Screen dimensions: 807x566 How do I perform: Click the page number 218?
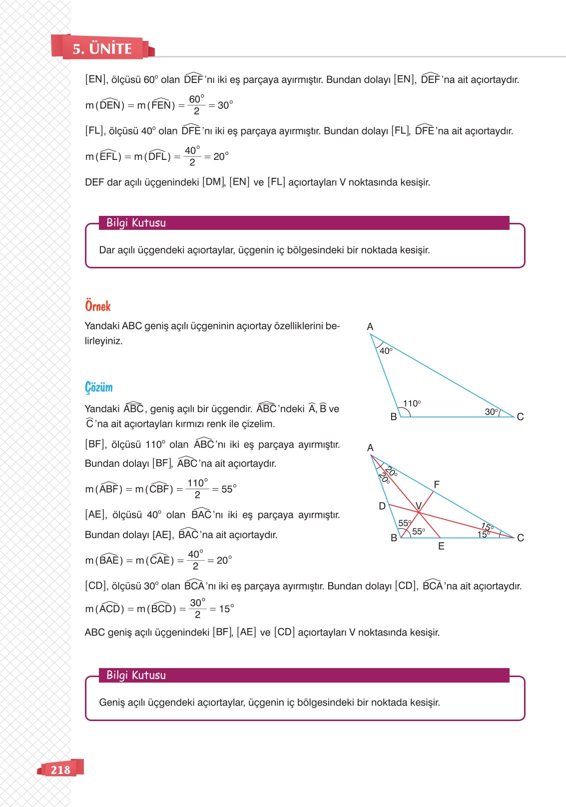pos(60,770)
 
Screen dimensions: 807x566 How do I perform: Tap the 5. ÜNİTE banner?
pos(102,48)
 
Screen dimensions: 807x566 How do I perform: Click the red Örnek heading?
pos(97,306)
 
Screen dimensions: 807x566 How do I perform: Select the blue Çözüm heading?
pos(98,387)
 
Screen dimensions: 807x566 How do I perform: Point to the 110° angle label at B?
pos(412,403)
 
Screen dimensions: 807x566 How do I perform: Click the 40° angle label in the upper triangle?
pos(386,351)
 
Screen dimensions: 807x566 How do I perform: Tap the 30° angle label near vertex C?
pos(491,412)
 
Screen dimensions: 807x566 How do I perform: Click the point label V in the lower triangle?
pos(419,506)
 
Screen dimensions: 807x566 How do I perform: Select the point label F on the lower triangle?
pos(437,484)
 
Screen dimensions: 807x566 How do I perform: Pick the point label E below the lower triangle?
pos(441,546)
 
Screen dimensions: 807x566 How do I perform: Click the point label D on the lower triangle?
pos(382,506)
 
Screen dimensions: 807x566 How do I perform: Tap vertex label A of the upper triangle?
pos(370,326)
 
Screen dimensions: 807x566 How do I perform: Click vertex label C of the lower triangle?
pos(521,538)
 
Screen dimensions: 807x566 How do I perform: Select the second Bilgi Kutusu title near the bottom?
pos(136,675)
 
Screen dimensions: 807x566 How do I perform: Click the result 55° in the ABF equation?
pos(229,489)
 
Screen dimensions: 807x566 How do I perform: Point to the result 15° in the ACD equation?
pos(226,609)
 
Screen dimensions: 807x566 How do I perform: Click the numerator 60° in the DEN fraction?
pos(196,99)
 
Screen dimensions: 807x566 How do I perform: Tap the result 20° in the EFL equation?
pos(221,156)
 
